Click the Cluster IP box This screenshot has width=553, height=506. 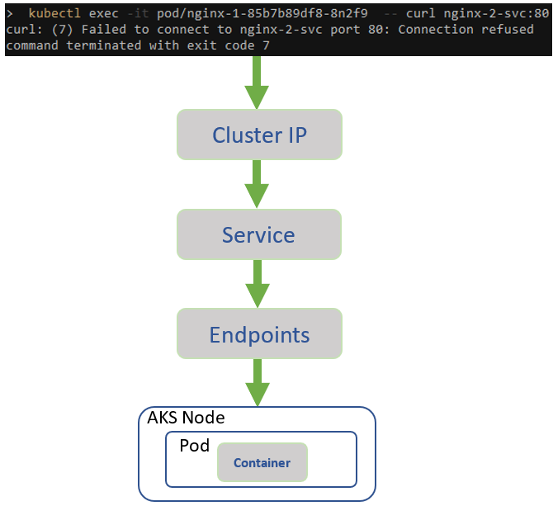(x=258, y=135)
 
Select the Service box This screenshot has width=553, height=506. (x=258, y=234)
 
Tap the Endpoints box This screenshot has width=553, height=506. (x=258, y=334)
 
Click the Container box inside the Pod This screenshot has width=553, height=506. (x=262, y=462)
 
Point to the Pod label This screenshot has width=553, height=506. (x=194, y=446)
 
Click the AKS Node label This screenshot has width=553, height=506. (x=186, y=419)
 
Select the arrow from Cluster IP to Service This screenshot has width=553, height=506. (x=258, y=184)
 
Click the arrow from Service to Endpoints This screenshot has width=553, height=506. (x=258, y=284)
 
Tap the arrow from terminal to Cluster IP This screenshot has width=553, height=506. (x=258, y=83)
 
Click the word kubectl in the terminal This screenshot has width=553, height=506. (x=55, y=13)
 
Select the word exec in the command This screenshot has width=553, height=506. (x=104, y=13)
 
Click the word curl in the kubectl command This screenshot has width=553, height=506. (x=420, y=13)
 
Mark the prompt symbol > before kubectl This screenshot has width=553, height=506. (x=9, y=13)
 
